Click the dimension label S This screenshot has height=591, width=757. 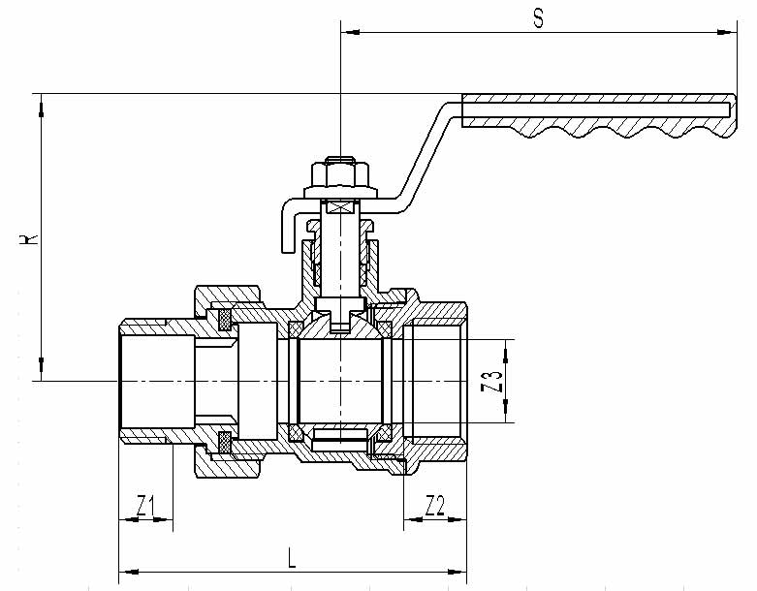tap(538, 18)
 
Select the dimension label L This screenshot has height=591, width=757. tap(291, 558)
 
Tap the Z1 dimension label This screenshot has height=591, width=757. tap(144, 505)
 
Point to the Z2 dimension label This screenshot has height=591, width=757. tap(434, 505)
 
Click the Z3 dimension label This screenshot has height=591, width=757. tap(492, 381)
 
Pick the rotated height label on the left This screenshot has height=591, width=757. tap(29, 238)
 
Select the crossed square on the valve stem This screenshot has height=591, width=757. tap(341, 208)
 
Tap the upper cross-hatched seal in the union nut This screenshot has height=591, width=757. tap(225, 320)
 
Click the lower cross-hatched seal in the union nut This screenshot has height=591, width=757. tap(225, 443)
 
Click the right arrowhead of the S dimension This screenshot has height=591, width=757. tap(727, 32)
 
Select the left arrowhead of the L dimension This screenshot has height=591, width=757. tap(129, 573)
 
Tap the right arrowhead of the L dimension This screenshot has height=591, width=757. tap(457, 573)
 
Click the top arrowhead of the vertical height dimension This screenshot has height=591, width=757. tap(42, 105)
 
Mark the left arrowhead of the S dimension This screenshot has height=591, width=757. tap(351, 32)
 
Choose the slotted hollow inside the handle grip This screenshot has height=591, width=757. tap(597, 109)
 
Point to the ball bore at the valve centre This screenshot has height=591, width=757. tap(340, 381)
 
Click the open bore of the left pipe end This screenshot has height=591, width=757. tap(157, 381)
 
